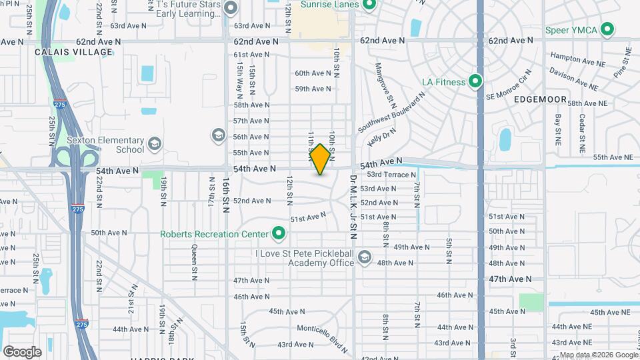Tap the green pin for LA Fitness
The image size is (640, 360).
click(x=475, y=82)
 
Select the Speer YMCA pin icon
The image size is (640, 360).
click(x=607, y=29)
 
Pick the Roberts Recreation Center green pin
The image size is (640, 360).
click(x=279, y=234)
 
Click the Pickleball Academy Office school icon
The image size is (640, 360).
click(x=364, y=257)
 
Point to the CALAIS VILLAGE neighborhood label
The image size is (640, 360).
click(x=75, y=52)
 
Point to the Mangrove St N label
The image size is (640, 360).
click(x=385, y=83)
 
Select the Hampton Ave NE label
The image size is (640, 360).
click(x=575, y=58)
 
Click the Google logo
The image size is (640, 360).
click(x=22, y=351)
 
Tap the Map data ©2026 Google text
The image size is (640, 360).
click(x=598, y=355)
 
